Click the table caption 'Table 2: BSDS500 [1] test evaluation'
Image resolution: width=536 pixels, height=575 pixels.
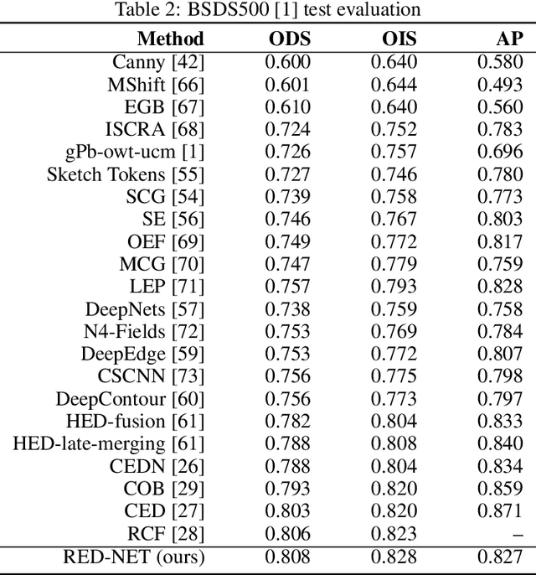tap(268, 10)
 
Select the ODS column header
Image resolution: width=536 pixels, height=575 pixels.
tap(288, 39)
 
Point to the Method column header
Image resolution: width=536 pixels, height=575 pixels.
tap(171, 39)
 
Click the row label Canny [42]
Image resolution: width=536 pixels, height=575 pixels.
tap(158, 61)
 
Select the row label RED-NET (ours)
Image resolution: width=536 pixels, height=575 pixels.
tap(134, 556)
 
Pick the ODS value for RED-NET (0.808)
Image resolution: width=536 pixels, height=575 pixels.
tap(288, 556)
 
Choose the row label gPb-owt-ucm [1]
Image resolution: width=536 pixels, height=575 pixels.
tap(135, 152)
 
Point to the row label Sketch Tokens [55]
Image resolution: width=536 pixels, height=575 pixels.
tap(125, 174)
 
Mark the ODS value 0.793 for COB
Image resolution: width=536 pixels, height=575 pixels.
tap(288, 488)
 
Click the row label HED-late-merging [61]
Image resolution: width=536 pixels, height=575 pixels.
tap(108, 443)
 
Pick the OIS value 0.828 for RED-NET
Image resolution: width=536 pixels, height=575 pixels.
tap(394, 556)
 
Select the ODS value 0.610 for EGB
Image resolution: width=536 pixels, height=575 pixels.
tap(288, 106)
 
